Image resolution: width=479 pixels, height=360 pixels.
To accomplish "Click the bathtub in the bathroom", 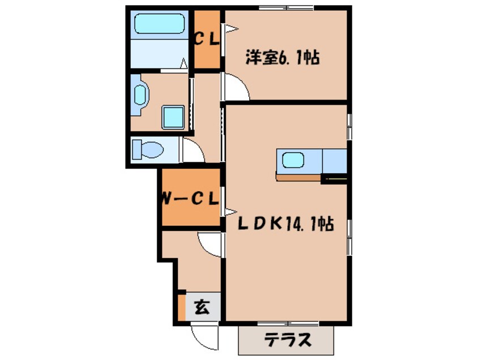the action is (159, 24).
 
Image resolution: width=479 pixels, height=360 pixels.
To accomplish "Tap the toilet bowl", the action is (148, 149).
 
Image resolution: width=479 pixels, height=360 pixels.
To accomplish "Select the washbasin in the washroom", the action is (140, 95).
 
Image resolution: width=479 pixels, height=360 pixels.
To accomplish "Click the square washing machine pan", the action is (173, 117).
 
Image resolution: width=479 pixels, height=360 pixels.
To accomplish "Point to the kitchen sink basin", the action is (293, 160).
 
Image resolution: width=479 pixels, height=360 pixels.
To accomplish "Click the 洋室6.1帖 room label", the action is (283, 57).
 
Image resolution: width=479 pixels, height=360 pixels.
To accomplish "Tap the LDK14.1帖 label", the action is (285, 224).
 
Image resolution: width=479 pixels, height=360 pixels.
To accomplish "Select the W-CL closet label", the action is (190, 199).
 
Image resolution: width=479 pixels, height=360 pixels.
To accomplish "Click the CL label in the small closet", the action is (207, 40).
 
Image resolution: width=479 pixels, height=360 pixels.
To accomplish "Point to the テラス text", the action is (287, 339).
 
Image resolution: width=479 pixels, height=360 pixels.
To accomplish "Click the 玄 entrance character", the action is (202, 307).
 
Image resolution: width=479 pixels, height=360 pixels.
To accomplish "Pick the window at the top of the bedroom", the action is (286, 7).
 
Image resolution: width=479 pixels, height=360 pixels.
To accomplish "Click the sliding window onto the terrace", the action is (288, 323).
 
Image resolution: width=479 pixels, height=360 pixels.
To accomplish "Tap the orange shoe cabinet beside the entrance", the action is (181, 307).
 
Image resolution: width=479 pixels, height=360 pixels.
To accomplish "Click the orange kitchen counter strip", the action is (298, 177).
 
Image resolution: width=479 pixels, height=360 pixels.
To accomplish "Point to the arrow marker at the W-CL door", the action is (231, 212).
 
